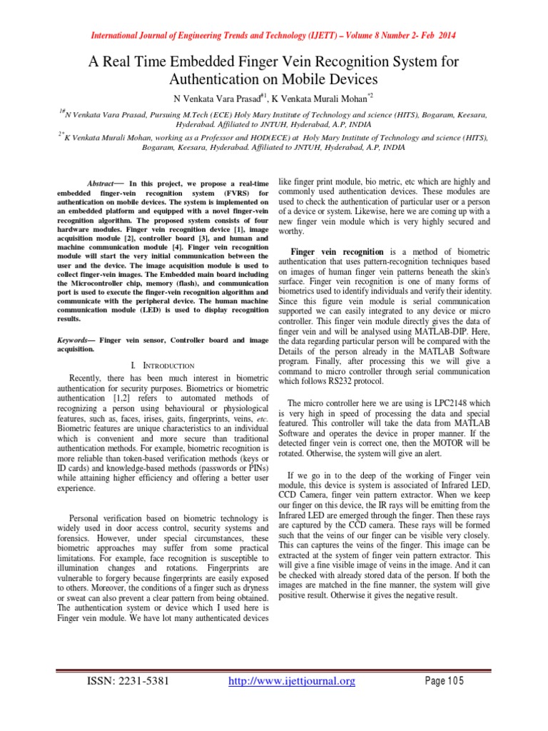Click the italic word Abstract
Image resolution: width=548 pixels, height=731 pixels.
(100, 183)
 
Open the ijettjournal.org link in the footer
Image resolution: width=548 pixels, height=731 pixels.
(291, 682)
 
